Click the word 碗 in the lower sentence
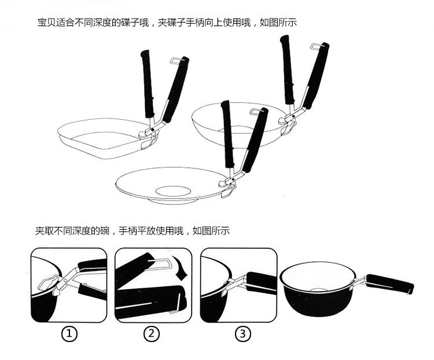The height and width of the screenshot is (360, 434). tap(104, 230)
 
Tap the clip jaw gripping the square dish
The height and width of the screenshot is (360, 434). tap(148, 134)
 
